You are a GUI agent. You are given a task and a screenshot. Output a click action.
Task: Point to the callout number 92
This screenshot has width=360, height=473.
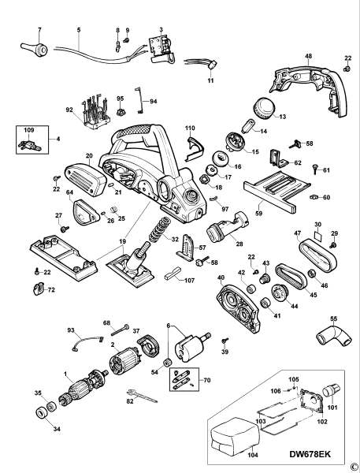pyautogui.click(x=69, y=110)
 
